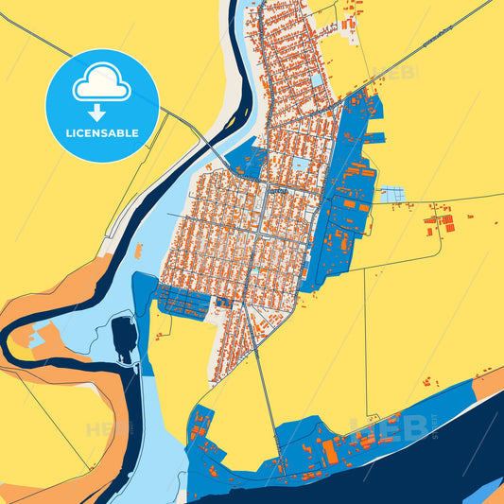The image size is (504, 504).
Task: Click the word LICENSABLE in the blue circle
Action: [101, 133]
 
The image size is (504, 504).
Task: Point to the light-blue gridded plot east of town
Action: [391, 195]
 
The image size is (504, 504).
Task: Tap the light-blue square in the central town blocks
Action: [301, 165]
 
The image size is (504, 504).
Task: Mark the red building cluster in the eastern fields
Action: [439, 224]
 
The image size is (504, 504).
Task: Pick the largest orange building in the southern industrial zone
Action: [331, 453]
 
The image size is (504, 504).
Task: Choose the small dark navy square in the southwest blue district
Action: [223, 304]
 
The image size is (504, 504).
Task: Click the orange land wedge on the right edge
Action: [489, 384]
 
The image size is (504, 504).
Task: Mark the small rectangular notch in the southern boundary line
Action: [373, 417]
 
